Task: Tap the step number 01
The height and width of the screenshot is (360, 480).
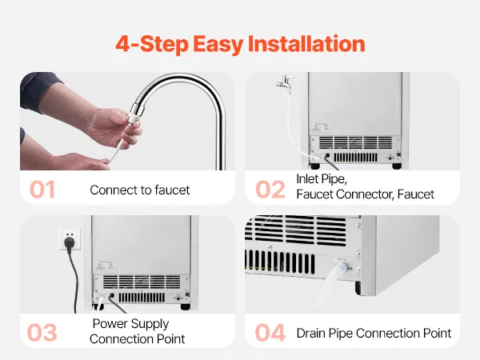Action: pyautogui.click(x=42, y=190)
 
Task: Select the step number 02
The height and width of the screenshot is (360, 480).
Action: pyautogui.click(x=270, y=190)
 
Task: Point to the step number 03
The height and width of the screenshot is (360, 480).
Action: pyautogui.click(x=42, y=333)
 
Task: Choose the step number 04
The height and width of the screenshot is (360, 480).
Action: pyautogui.click(x=270, y=333)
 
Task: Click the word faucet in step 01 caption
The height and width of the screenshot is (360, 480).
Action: pyautogui.click(x=172, y=190)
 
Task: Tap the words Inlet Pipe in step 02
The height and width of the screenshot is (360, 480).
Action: pyautogui.click(x=322, y=179)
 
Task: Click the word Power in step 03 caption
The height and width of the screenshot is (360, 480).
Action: pyautogui.click(x=111, y=323)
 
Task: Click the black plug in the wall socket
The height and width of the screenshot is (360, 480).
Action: pyautogui.click(x=70, y=242)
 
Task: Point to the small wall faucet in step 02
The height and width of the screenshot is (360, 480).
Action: pyautogui.click(x=285, y=82)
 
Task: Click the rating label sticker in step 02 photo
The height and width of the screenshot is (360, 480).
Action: pyautogui.click(x=321, y=126)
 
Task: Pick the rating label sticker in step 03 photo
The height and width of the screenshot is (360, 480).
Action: pyautogui.click(x=106, y=265)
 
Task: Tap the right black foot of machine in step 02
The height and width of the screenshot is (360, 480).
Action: pyautogui.click(x=397, y=166)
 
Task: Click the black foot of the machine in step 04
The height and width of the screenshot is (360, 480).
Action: pyautogui.click(x=358, y=289)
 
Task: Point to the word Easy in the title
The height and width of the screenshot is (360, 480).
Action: pyautogui.click(x=218, y=45)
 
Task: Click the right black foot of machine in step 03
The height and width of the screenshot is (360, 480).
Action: pyautogui.click(x=186, y=306)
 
